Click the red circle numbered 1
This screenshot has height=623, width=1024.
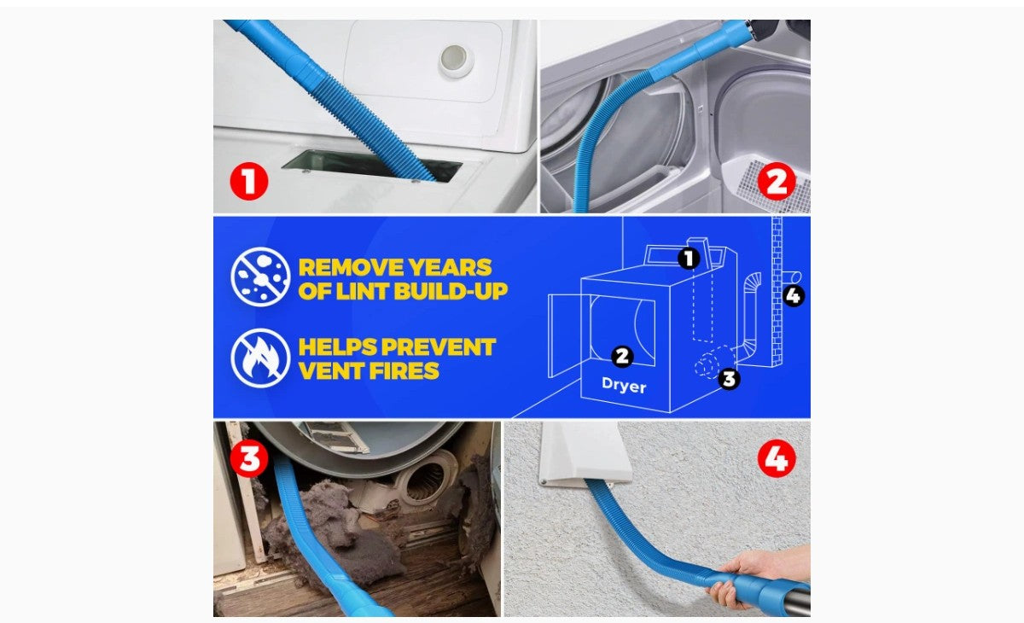coord(248,181)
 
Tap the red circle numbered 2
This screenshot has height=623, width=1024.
coord(777,181)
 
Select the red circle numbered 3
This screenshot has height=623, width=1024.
coord(248,458)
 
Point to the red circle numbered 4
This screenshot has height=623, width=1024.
coord(777,458)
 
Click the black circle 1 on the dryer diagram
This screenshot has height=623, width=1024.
coord(689,259)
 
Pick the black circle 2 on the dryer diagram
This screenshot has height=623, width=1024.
coord(622,357)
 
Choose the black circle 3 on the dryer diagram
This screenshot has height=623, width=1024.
coord(729,379)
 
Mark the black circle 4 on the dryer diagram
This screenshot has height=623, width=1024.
coord(793,296)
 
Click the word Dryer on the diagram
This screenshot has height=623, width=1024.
coord(624,385)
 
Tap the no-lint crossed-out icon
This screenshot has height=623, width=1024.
coord(260,277)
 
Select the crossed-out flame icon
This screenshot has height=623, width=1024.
coord(260,358)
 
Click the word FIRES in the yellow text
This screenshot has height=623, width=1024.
coord(404,370)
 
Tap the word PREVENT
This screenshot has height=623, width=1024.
coord(439,347)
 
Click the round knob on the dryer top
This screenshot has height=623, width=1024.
coord(456,61)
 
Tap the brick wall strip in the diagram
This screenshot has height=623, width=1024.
coord(777,291)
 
